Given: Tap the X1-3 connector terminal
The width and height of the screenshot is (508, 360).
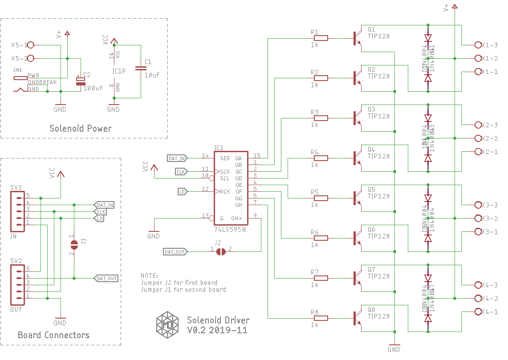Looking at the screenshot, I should tap(478, 45).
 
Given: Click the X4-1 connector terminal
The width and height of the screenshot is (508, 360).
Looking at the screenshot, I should tap(478, 312).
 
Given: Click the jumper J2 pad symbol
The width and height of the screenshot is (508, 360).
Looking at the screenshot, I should tap(220, 252).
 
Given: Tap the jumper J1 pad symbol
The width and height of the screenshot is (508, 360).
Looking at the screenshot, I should tap(74, 244).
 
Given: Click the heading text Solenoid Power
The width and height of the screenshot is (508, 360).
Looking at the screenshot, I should tap(81, 129).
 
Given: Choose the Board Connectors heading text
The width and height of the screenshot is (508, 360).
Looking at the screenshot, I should tap(53, 335).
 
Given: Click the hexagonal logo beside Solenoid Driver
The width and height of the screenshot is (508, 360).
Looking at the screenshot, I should tap(167, 323).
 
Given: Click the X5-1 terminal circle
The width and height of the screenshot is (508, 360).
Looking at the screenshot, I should tap(31, 45).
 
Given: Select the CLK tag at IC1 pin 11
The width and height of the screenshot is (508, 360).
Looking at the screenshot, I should tap(181, 171).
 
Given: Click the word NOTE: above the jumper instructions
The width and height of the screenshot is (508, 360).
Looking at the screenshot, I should tap(150, 276).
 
